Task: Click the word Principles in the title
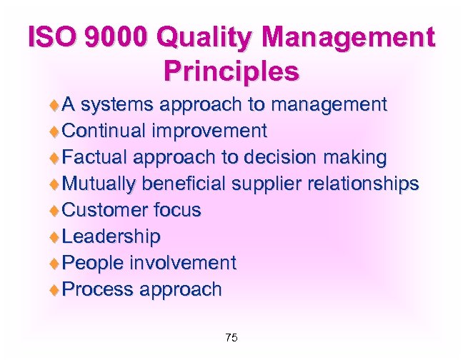[x=231, y=71]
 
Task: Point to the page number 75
[x=231, y=337]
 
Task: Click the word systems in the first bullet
[x=118, y=106]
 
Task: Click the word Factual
[x=94, y=157]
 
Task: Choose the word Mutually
[x=99, y=184]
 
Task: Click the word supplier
[x=267, y=184]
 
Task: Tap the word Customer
[x=105, y=210]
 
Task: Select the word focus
[x=177, y=210]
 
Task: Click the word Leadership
[x=111, y=236]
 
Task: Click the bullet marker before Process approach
[x=55, y=289]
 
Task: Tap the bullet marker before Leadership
[x=55, y=236]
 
